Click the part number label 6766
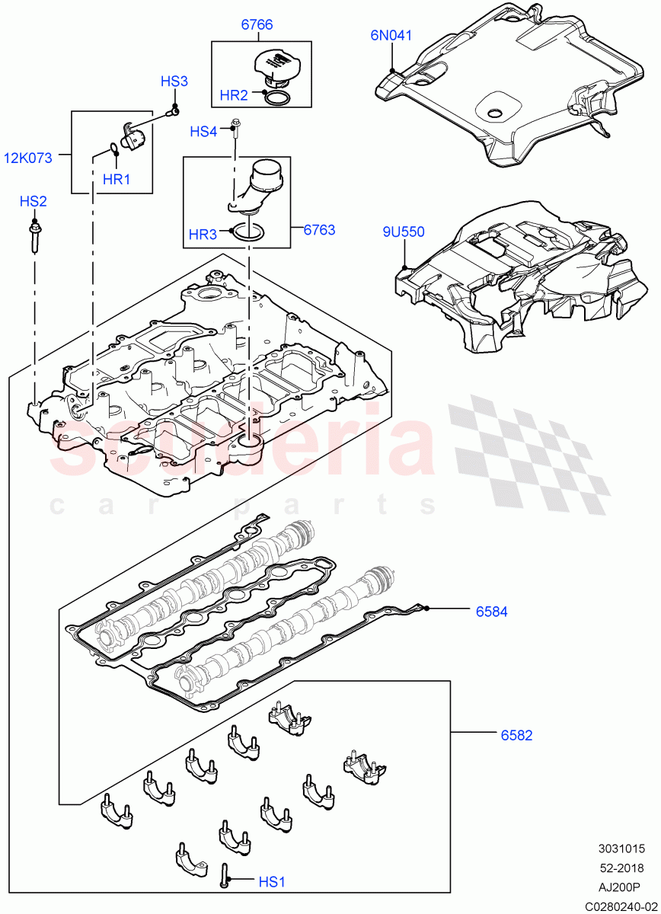tap(257, 25)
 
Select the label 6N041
tap(391, 34)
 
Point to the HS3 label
tap(174, 81)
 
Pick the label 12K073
tap(28, 158)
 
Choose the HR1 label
tap(117, 180)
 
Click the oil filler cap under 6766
tap(278, 66)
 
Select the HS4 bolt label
tap(203, 132)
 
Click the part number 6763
tap(319, 229)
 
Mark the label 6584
tap(492, 611)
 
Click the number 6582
tap(516, 735)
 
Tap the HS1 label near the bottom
tap(271, 882)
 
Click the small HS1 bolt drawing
tap(224, 875)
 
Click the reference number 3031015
tap(621, 848)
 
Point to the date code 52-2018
tap(622, 868)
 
